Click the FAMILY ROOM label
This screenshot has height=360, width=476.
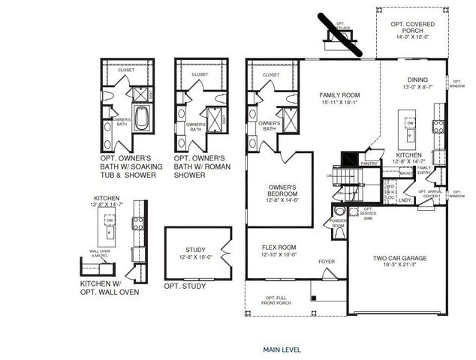tap(340, 95)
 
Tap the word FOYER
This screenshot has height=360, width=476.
tap(327, 262)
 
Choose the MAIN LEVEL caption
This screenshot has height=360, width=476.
tap(282, 349)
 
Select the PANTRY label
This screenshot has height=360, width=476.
tap(369, 163)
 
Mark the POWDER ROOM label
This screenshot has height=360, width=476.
tap(339, 223)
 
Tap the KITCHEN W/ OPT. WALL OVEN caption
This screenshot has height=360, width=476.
tap(110, 288)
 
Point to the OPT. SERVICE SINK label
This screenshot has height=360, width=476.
tap(369, 214)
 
